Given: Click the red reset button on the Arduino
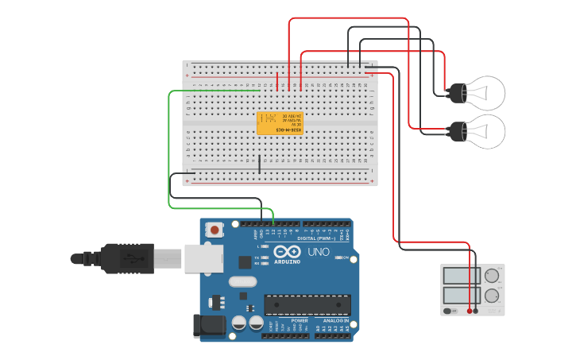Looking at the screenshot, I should pos(214,230).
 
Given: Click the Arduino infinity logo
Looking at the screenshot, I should pos(287,253).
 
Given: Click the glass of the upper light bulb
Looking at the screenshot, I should pos(485,93).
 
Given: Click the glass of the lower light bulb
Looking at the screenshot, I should pos(485,130).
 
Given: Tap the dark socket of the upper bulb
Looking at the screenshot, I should pos(457,93).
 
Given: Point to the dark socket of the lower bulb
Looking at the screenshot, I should pos(457,131).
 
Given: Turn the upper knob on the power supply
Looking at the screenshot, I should pos(492,276).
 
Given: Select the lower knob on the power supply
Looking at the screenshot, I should pos(492,296).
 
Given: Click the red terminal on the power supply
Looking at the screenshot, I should pos(470,311).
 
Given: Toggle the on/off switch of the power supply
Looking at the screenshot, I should pos(449,311).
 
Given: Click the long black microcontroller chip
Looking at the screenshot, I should pos(307,304).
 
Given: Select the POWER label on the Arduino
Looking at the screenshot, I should pos(277,319).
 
